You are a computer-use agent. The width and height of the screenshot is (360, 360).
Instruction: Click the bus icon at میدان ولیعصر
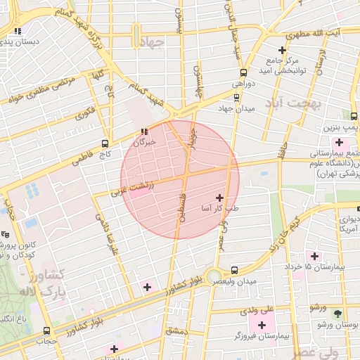(235, 270)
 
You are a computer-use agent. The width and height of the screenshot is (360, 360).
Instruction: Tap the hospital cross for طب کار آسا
(221, 198)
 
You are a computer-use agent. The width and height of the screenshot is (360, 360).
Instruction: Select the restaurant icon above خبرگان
(144, 131)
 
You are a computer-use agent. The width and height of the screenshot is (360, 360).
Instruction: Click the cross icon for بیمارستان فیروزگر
(262, 325)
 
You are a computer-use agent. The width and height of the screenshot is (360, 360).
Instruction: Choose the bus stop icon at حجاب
(47, 330)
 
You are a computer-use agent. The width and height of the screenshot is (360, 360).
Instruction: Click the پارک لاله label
(41, 290)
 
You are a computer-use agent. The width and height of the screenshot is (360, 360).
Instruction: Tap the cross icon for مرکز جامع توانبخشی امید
(282, 51)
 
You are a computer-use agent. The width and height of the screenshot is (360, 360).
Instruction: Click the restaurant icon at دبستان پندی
(18, 31)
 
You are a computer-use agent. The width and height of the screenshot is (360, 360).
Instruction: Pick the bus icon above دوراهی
(243, 72)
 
